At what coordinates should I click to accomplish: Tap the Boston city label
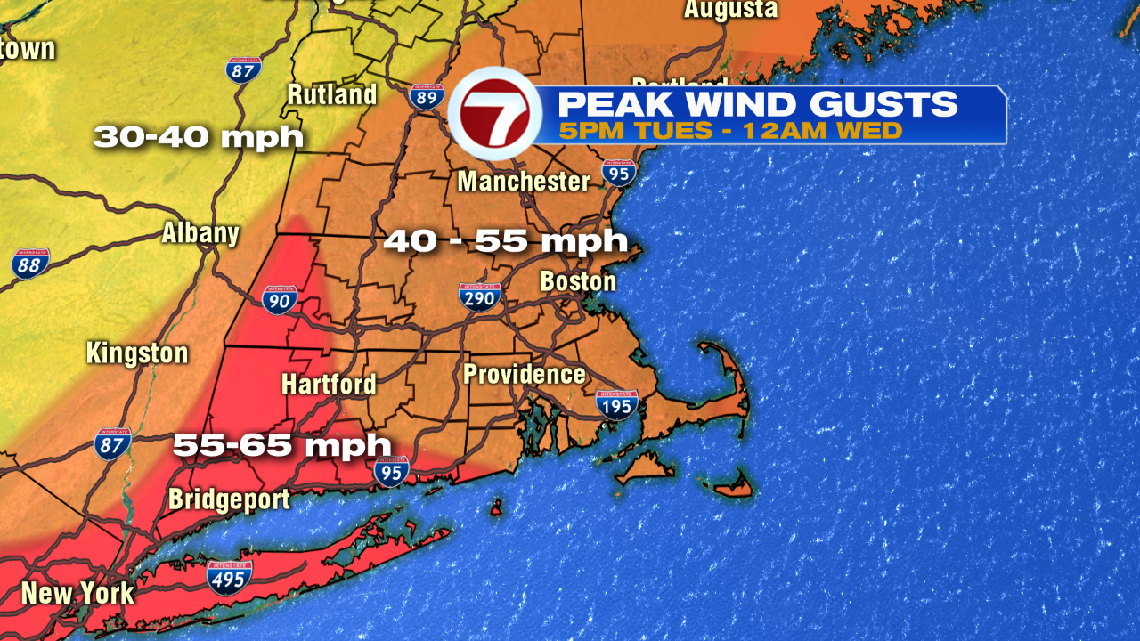pyautogui.click(x=578, y=282)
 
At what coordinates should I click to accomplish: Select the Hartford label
pyautogui.click(x=329, y=385)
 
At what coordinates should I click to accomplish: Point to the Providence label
pyautogui.click(x=524, y=375)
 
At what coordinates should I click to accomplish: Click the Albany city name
pyautogui.click(x=200, y=233)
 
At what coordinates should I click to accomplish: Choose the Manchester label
pyautogui.click(x=524, y=182)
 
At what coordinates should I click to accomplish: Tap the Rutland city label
pyautogui.click(x=332, y=94)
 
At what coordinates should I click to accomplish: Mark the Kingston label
pyautogui.click(x=137, y=353)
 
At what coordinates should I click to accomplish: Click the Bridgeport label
pyautogui.click(x=229, y=499)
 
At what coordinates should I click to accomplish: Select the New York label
pyautogui.click(x=77, y=593)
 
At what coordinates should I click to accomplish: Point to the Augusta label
pyautogui.click(x=730, y=10)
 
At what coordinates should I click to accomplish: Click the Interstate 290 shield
pyautogui.click(x=479, y=296)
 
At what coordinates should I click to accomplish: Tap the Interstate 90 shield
pyautogui.click(x=280, y=300)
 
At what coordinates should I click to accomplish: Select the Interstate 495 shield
pyautogui.click(x=229, y=577)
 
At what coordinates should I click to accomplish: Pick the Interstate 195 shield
pyautogui.click(x=616, y=404)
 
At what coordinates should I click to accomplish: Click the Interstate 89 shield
pyautogui.click(x=427, y=96)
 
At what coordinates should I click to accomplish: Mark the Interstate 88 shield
pyautogui.click(x=31, y=264)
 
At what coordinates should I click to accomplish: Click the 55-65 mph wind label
pyautogui.click(x=281, y=444)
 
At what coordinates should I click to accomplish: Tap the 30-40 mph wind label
pyautogui.click(x=199, y=137)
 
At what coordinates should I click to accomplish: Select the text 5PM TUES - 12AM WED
pyautogui.click(x=731, y=131)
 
